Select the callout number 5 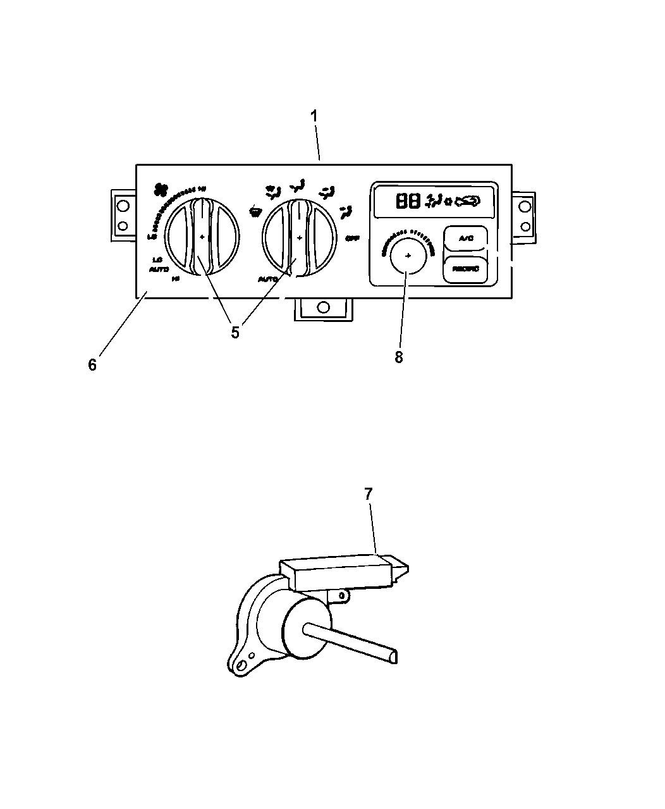click(235, 333)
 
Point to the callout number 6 click(92, 365)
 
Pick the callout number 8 click(398, 357)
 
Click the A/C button click(465, 238)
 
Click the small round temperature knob click(407, 256)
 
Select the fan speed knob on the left click(202, 238)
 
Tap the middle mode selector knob click(299, 238)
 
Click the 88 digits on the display click(408, 202)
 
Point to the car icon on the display click(466, 201)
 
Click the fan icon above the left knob click(161, 188)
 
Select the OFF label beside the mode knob click(352, 238)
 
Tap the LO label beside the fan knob click(157, 259)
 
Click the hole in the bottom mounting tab click(322, 307)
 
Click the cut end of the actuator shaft click(394, 658)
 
